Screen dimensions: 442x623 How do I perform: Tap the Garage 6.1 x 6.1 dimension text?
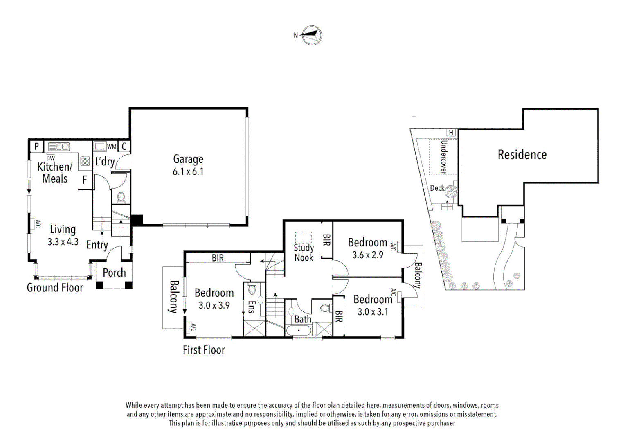click(188, 172)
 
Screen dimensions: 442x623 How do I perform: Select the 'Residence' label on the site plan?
click(522, 155)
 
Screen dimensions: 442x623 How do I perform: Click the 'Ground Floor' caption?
click(55, 288)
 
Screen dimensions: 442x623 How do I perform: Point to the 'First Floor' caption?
click(204, 350)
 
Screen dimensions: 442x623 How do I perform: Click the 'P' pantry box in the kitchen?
click(36, 147)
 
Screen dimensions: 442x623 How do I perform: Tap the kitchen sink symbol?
click(59, 147)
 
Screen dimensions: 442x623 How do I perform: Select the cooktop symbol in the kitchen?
click(85, 161)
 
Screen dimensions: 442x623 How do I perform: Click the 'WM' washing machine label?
click(111, 147)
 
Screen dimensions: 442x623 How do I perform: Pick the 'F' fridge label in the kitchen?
click(85, 180)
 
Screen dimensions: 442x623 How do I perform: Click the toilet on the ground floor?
click(121, 198)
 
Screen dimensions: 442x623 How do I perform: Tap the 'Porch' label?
click(114, 273)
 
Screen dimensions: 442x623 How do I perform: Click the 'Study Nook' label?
click(304, 253)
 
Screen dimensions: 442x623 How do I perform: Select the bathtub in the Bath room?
click(299, 330)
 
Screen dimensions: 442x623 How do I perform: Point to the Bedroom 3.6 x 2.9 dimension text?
click(367, 255)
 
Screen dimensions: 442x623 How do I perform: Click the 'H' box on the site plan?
click(451, 133)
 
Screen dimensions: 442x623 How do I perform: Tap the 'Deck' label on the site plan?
click(437, 188)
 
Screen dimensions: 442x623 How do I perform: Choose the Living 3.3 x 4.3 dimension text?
click(63, 242)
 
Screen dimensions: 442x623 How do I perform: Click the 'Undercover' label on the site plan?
click(443, 157)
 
